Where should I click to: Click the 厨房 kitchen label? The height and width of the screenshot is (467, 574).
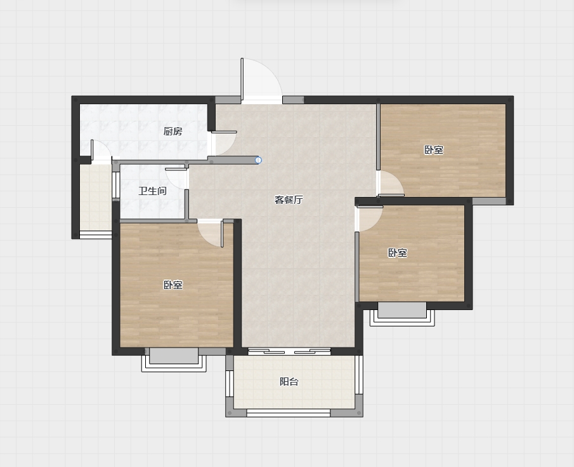pyautogui.click(x=173, y=131)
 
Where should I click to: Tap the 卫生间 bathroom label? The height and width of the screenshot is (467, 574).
pyautogui.click(x=153, y=191)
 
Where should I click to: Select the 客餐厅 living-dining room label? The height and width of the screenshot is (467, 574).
pyautogui.click(x=289, y=200)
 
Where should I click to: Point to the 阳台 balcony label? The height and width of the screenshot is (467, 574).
pyautogui.click(x=289, y=381)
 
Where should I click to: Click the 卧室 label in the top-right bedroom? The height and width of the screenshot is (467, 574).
pyautogui.click(x=434, y=150)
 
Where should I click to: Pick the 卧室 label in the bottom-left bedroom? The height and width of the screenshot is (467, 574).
pyautogui.click(x=173, y=285)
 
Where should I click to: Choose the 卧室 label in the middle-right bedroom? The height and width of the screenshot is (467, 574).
pyautogui.click(x=398, y=253)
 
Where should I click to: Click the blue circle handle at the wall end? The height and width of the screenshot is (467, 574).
pyautogui.click(x=258, y=160)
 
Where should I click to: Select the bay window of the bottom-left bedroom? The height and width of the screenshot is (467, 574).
pyautogui.click(x=174, y=360)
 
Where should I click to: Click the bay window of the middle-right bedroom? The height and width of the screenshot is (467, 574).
pyautogui.click(x=402, y=314)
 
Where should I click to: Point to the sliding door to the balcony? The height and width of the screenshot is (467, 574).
pyautogui.click(x=289, y=351)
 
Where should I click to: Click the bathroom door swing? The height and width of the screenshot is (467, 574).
pyautogui.click(x=176, y=176)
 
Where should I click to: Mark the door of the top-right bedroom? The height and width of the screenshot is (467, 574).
pyautogui.click(x=391, y=184)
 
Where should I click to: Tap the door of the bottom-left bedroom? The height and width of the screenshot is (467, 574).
pyautogui.click(x=211, y=234)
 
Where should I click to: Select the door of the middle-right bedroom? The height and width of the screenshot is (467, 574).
pyautogui.click(x=369, y=219)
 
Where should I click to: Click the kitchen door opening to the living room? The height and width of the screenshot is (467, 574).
pyautogui.click(x=223, y=143)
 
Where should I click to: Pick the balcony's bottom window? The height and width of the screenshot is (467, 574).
pyautogui.click(x=289, y=413)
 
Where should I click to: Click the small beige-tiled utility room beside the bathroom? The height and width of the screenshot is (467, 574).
pyautogui.click(x=96, y=198)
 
